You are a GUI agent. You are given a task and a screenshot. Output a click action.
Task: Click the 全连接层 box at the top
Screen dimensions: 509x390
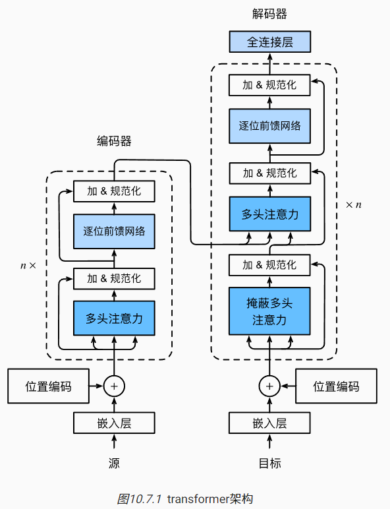point(269,42)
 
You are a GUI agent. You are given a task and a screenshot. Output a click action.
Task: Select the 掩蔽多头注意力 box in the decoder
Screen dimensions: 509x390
point(269,311)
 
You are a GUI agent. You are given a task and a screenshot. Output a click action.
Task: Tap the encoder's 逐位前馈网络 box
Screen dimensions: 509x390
point(114,231)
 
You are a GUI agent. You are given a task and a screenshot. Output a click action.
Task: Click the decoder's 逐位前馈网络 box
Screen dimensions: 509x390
point(269,125)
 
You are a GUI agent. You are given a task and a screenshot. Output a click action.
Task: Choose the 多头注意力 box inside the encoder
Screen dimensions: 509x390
point(114,318)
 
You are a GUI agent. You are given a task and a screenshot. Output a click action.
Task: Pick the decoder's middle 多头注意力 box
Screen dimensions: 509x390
point(269,214)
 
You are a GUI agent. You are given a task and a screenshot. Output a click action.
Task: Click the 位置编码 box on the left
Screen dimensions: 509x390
point(48,386)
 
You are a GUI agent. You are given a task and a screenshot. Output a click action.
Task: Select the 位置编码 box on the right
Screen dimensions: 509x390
point(337,386)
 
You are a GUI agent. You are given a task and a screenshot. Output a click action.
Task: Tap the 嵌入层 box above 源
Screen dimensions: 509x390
point(114,423)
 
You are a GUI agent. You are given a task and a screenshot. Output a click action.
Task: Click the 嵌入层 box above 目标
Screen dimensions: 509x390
point(269,423)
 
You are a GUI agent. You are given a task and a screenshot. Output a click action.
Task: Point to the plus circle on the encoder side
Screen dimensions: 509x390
point(114,386)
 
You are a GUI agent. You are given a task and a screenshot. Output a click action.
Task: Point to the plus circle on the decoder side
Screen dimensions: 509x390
point(269,386)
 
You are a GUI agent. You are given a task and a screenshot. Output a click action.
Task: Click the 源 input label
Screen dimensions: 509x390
point(114,463)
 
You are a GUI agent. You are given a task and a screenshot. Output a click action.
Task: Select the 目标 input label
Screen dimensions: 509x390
point(269,463)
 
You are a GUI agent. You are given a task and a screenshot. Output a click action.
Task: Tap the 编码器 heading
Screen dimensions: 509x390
point(114,141)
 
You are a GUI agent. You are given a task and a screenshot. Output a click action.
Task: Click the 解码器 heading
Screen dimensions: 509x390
point(269,14)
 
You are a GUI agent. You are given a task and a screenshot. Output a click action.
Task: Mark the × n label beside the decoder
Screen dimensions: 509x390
point(354,205)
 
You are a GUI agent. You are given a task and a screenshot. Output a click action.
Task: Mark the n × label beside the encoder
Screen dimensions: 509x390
point(28,266)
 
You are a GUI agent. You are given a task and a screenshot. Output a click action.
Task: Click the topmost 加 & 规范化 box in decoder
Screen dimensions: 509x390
point(269,84)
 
